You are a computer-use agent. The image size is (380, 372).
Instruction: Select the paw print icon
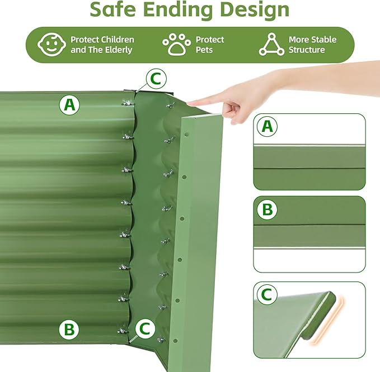pos(176,45)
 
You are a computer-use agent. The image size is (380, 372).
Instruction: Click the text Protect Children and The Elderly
pos(102,45)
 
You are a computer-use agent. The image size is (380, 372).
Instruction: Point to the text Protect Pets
pos(209,45)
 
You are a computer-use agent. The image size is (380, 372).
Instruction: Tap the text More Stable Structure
pos(312,45)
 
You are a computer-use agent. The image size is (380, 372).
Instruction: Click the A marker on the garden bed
pos(69,104)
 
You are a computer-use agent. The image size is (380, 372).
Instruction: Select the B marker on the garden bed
pos(69,330)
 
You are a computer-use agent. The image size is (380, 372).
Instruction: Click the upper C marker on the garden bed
pos(156,79)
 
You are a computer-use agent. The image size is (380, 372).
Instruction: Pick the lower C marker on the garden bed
pos(145,328)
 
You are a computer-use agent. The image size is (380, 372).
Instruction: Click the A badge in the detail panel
pos(267,127)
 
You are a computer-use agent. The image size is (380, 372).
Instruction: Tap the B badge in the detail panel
pos(267,210)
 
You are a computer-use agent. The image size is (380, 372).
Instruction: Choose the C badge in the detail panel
pos(267,294)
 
